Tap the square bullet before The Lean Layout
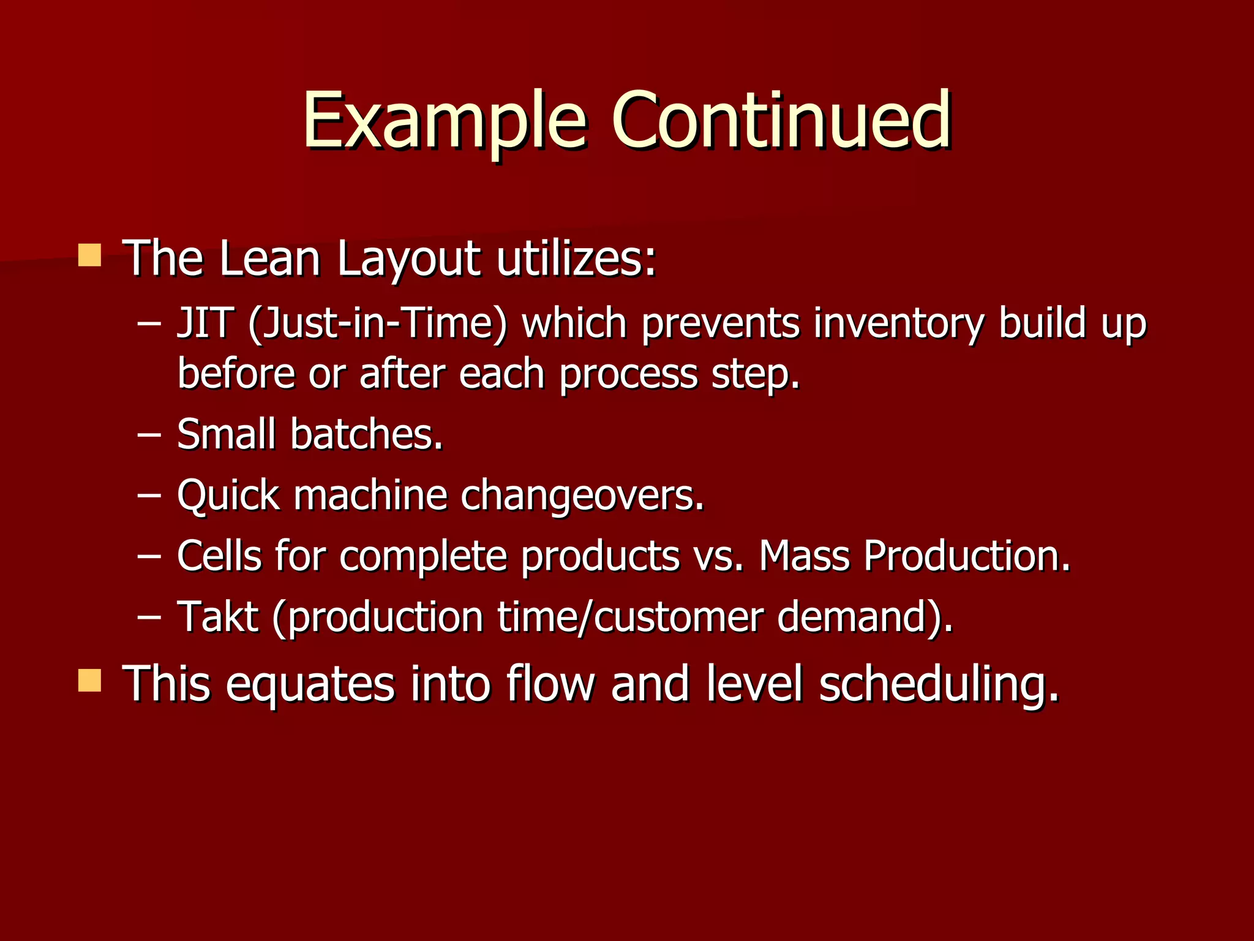click(89, 255)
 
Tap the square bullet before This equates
click(89, 680)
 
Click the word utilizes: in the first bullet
click(576, 258)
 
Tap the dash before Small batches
click(149, 435)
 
